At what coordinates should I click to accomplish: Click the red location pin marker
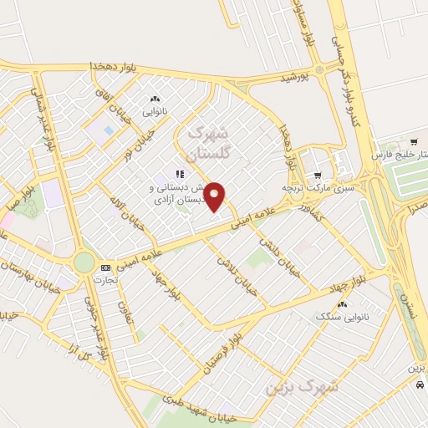click(x=215, y=196)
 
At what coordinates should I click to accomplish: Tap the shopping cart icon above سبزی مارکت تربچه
click(x=318, y=175)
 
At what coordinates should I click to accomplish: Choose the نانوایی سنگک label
click(x=341, y=318)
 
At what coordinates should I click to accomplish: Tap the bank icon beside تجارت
click(x=105, y=267)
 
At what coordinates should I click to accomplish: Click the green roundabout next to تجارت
click(x=84, y=262)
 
